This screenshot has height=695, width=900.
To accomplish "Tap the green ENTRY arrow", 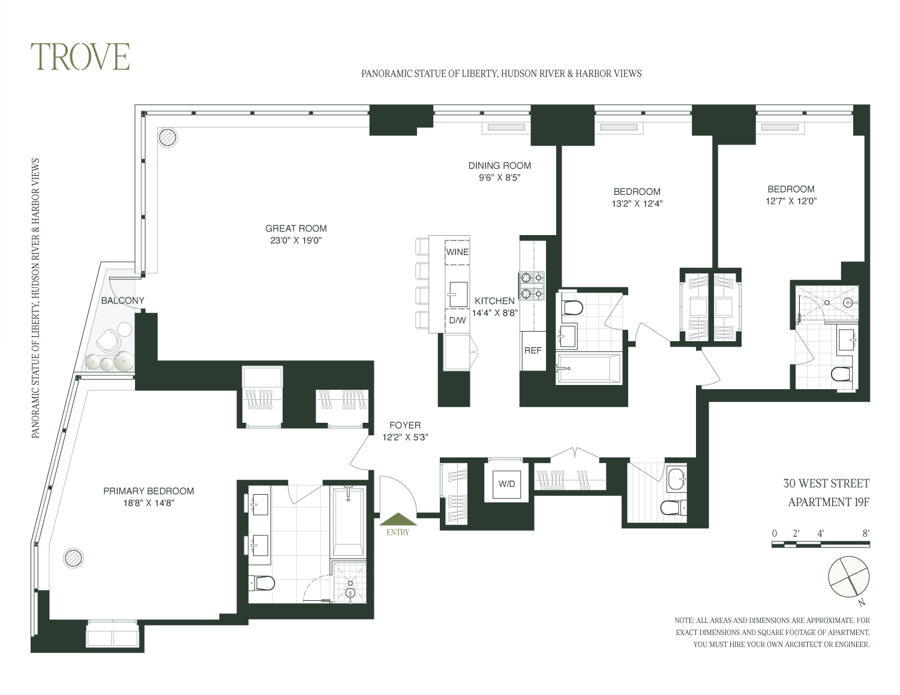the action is (x=398, y=519).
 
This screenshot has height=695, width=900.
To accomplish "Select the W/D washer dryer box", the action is (x=506, y=483).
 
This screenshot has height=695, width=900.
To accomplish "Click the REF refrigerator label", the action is (x=533, y=351).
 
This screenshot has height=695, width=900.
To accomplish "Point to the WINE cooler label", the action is (x=457, y=252).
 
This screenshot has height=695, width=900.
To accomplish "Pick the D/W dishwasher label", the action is (x=457, y=320).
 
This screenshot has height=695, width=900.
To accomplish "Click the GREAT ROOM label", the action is (x=296, y=228).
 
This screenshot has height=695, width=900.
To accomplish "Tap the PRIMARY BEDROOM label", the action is (x=149, y=491).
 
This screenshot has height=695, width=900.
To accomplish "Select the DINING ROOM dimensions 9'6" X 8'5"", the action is (x=499, y=177).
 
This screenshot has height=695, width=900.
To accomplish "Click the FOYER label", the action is (x=405, y=425).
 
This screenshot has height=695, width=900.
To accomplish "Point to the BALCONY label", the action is (x=122, y=300).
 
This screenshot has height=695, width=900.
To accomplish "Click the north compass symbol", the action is (x=849, y=577).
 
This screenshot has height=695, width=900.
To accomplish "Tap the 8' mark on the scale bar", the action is (x=866, y=534).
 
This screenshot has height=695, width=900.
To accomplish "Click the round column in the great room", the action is (x=167, y=137).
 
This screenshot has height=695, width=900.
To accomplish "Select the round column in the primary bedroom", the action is (x=73, y=558).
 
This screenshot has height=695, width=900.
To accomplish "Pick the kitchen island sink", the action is (x=458, y=294).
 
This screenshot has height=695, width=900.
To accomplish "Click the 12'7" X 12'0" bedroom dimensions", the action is (x=791, y=201).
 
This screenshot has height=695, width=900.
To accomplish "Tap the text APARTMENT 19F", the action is (x=829, y=502).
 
